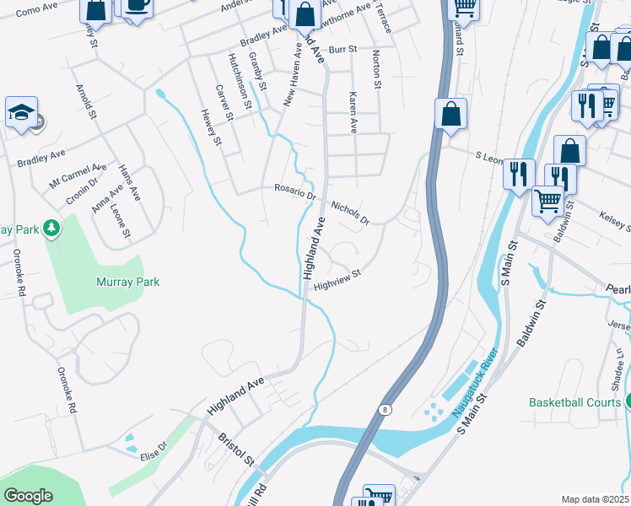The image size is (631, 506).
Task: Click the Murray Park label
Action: click(128, 283)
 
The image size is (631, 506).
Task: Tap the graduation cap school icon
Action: click(21, 112)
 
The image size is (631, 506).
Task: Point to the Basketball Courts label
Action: click(574, 402)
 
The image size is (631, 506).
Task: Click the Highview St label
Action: click(337, 279)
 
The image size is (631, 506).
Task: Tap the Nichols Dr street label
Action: click(350, 213)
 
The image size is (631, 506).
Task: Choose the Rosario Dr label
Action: click(294, 191)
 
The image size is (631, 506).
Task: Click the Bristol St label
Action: click(235, 449)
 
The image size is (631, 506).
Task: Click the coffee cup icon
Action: click(137, 5)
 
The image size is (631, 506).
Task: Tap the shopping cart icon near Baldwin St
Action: click(548, 202)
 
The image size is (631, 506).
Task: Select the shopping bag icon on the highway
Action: click(451, 114)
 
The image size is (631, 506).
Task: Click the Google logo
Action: click(29, 496)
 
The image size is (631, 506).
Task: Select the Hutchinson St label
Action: click(240, 81)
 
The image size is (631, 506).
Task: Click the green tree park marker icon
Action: click(51, 228)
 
